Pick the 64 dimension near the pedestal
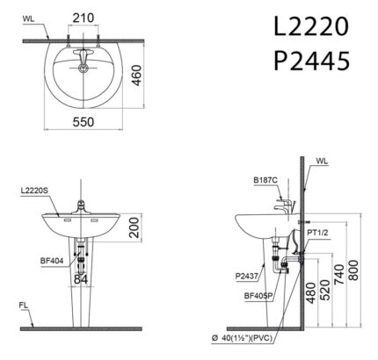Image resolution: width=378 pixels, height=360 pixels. pos(81,279)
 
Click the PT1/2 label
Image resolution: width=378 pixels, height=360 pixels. pos(318,231)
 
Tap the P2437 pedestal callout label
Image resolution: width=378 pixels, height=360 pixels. pos(247,276)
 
